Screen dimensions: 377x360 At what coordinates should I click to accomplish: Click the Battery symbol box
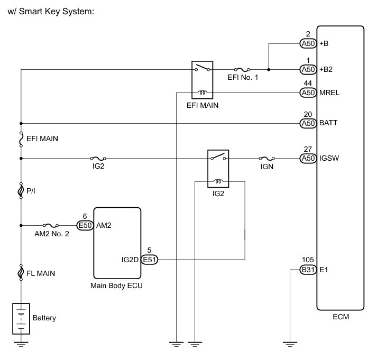(21, 319)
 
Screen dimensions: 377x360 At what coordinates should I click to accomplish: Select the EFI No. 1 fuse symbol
(242, 70)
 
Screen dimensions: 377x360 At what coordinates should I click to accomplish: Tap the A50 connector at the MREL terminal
(308, 93)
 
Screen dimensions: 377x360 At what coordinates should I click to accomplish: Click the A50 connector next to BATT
(308, 124)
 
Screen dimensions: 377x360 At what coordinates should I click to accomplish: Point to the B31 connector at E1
(308, 270)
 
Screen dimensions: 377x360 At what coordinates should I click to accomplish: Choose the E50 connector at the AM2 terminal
(85, 225)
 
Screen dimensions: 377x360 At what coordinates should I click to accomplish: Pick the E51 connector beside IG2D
(149, 260)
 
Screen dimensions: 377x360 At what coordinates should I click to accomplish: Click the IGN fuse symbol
(267, 159)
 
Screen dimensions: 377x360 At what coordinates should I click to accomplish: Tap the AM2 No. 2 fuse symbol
(51, 225)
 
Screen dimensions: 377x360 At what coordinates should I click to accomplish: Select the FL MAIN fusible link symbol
(21, 273)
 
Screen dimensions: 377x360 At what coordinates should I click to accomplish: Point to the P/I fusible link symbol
(21, 191)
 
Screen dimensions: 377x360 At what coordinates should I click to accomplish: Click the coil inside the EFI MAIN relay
(202, 93)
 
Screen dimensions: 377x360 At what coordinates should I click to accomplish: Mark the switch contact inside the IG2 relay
(218, 156)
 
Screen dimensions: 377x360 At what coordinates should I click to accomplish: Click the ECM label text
(341, 317)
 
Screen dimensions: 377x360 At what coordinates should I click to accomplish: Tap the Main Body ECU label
(116, 285)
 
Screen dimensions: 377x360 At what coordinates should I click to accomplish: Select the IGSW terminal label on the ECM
(329, 158)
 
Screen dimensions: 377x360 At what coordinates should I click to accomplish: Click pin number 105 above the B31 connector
(308, 260)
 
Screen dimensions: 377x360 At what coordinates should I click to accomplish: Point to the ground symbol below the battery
(21, 344)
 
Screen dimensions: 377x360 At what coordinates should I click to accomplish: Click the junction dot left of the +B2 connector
(269, 70)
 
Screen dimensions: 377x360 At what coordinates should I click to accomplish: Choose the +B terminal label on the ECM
(324, 43)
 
